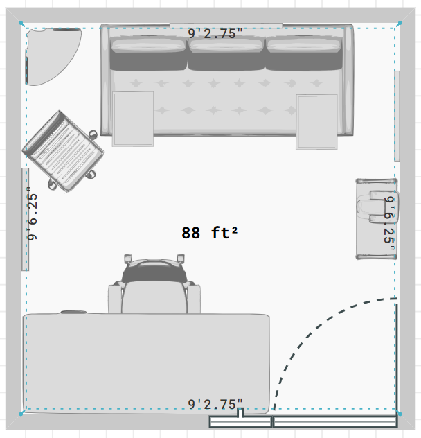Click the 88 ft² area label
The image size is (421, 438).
209,233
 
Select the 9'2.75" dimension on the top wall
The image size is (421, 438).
215,33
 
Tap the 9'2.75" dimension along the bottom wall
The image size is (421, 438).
215,404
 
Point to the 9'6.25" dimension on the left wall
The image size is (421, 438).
33,214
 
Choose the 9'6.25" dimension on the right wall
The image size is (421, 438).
389,223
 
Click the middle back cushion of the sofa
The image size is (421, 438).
226,55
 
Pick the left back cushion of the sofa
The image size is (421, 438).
148,55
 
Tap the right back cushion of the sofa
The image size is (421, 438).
304,55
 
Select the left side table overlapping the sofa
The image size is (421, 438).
133,119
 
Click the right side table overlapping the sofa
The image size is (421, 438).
316,122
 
